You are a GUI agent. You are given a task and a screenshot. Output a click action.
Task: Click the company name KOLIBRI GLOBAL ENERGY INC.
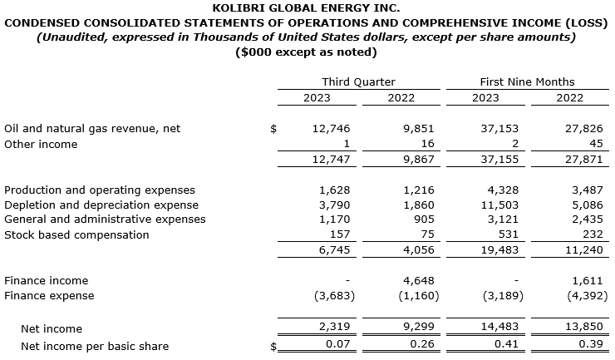pyautogui.click(x=307, y=8)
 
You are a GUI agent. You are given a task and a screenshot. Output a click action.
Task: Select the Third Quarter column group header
pyautogui.click(x=358, y=81)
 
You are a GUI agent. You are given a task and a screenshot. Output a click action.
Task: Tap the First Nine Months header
pyautogui.click(x=527, y=81)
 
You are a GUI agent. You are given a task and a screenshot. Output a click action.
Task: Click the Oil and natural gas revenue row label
pyautogui.click(x=92, y=129)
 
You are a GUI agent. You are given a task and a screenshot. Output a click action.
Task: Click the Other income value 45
pyautogui.click(x=574, y=144)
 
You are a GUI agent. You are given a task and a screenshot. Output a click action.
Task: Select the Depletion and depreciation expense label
pyautogui.click(x=101, y=205)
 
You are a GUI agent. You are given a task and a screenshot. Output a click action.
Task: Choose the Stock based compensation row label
pyautogui.click(x=76, y=234)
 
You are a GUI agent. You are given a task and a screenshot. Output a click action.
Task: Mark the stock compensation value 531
pyautogui.click(x=490, y=234)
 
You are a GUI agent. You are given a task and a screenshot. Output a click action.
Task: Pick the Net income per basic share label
pyautogui.click(x=95, y=346)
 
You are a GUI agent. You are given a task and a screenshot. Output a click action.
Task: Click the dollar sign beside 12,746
pyautogui.click(x=274, y=129)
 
